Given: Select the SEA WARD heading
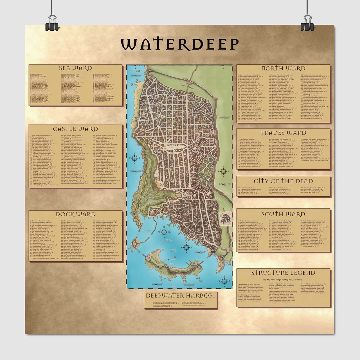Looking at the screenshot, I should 75,68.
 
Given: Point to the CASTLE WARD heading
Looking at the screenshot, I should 75,129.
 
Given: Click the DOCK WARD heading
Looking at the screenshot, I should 75,214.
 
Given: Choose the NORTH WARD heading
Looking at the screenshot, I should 283,68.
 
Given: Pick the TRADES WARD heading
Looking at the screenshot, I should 283,133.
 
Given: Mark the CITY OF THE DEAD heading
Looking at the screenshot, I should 283,181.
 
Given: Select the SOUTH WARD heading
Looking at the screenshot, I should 283,214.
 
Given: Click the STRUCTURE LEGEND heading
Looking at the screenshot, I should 283,273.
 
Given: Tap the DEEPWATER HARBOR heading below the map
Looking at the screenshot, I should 180,296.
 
